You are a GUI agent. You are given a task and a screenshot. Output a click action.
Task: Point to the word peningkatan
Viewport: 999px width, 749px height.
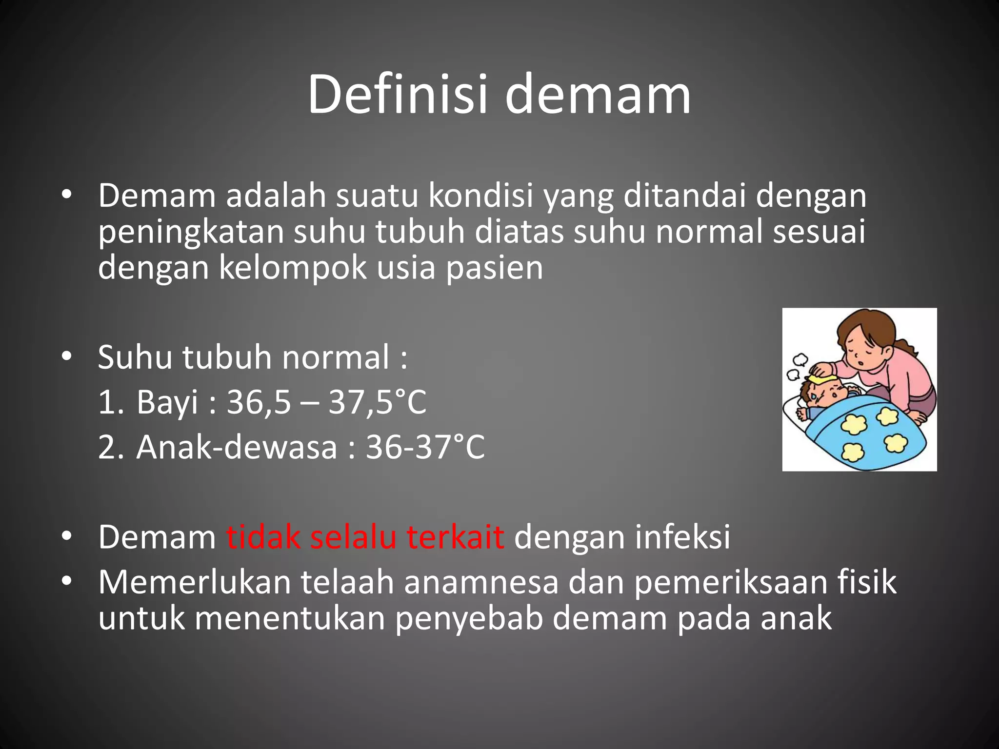click(191, 233)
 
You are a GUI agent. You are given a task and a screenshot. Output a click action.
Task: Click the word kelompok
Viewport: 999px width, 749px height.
click(293, 268)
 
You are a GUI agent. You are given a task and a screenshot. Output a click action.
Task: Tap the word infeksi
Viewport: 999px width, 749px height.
click(682, 537)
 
